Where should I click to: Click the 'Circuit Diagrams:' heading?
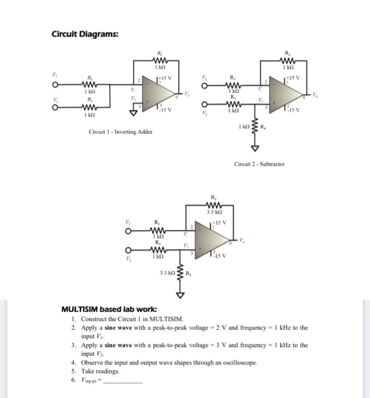(x=85, y=34)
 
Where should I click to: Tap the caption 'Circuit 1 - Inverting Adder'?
(x=121, y=132)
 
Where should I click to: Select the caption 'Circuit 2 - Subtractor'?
(x=259, y=164)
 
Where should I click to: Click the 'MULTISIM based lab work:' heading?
(x=109, y=309)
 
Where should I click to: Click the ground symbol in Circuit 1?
(x=134, y=113)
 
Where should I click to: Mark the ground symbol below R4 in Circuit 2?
(x=255, y=148)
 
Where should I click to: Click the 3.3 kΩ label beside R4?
(x=168, y=274)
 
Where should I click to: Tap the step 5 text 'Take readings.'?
(x=100, y=371)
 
